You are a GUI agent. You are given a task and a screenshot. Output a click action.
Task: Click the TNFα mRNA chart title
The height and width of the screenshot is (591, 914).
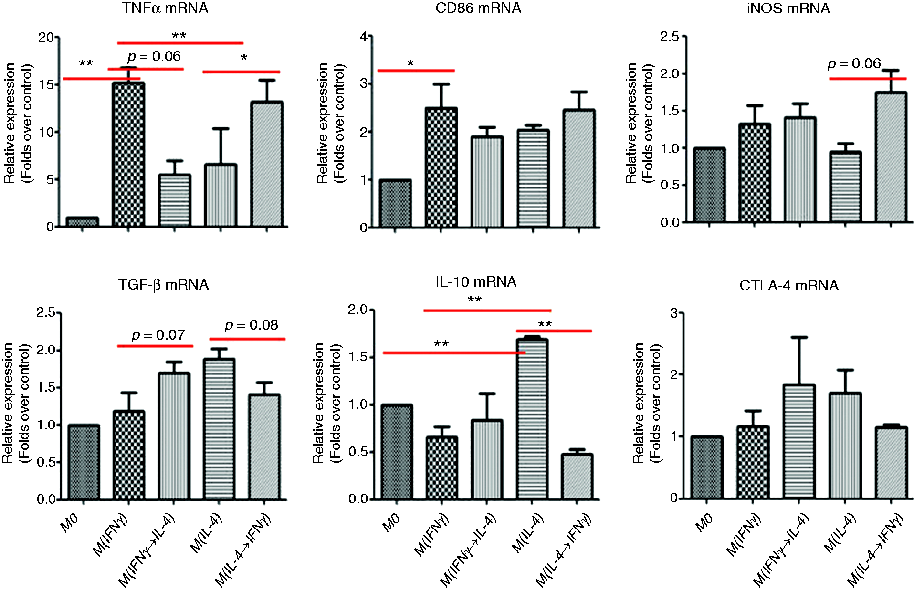point(165,8)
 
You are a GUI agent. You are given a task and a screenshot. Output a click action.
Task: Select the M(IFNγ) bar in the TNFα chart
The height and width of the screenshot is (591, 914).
point(128,154)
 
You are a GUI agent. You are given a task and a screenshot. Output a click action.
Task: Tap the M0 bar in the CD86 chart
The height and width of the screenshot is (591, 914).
point(395,203)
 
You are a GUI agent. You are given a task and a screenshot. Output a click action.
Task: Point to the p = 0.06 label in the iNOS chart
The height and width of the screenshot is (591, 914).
point(854,64)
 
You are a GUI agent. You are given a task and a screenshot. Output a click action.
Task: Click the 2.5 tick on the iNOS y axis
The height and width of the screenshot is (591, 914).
point(669,37)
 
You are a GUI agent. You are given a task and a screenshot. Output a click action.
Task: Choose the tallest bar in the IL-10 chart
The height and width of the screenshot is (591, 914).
point(532,419)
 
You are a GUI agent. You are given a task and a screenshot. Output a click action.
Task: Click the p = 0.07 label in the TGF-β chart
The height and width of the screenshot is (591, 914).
point(158,335)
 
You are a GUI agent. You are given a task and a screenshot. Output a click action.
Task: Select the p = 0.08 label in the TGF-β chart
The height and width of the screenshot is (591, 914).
point(251,325)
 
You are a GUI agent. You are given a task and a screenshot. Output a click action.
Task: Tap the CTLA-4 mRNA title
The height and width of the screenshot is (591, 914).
point(789,285)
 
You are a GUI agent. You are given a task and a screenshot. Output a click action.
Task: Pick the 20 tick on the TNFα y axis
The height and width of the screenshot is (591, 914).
point(46,37)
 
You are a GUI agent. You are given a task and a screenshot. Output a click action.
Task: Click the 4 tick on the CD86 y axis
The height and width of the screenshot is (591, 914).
point(364,37)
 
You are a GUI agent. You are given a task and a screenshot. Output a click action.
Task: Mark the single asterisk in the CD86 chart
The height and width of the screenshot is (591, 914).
point(410,63)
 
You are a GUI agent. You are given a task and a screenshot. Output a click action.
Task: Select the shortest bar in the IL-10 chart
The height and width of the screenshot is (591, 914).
point(578,477)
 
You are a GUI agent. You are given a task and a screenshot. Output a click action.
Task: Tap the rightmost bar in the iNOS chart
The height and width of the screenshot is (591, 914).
point(891,157)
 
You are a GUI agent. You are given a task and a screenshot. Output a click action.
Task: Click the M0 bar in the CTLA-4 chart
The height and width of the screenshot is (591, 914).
point(707,467)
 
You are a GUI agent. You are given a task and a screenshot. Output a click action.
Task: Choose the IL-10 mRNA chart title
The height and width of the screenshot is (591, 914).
point(476,282)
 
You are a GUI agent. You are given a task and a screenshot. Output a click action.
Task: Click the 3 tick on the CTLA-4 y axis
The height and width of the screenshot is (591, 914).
point(674,313)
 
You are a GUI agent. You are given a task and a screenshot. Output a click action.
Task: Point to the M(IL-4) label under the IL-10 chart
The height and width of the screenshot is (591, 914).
point(528,533)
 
